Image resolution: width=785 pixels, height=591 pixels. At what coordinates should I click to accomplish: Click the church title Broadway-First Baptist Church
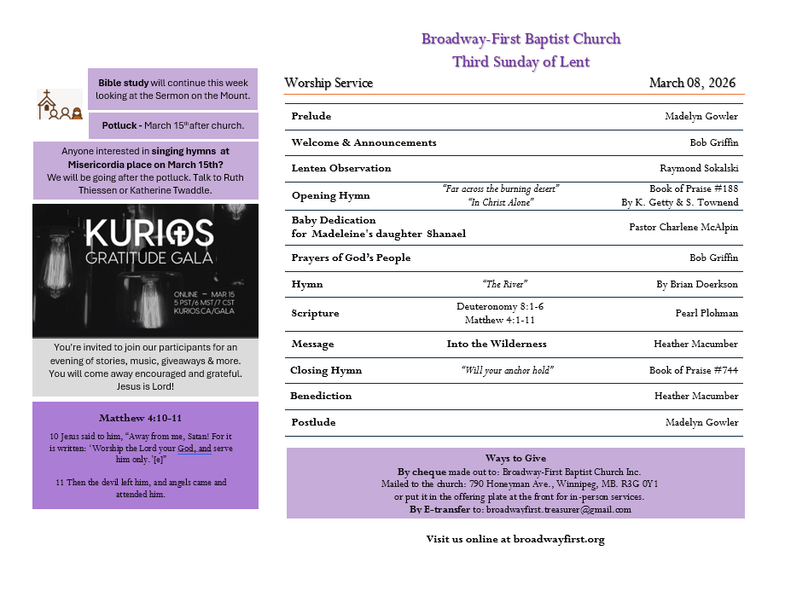[520, 39]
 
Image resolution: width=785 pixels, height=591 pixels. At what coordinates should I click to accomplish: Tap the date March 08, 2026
[692, 83]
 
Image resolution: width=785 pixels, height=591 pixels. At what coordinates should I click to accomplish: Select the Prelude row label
[311, 116]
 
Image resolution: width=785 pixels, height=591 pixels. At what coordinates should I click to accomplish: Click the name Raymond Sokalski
[699, 168]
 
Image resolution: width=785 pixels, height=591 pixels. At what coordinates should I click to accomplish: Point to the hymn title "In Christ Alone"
[501, 202]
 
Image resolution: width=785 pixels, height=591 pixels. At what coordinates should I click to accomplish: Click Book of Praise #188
[694, 188]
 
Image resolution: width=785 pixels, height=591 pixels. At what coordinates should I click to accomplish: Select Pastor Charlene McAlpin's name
[683, 227]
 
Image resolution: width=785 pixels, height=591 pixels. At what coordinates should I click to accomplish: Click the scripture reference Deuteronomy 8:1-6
[500, 306]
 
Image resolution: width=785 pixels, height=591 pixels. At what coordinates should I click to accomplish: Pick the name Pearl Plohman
[706, 313]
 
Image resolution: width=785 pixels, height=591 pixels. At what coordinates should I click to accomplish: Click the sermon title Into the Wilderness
[497, 344]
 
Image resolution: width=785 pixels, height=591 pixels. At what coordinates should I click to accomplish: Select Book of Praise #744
[694, 370]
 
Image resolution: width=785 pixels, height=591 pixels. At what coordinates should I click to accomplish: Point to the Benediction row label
[321, 396]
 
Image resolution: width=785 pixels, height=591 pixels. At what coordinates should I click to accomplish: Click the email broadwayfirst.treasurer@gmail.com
[558, 509]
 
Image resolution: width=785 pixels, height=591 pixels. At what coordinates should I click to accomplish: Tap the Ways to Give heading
[515, 458]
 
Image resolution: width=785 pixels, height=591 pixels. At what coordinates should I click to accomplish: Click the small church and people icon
[59, 104]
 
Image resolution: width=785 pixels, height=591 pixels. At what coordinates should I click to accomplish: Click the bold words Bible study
[123, 83]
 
